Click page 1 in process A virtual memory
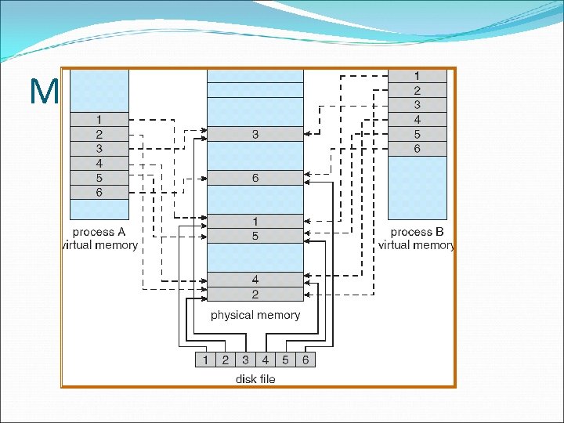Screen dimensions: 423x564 click(x=99, y=119)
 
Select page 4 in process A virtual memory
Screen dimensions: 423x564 click(x=99, y=163)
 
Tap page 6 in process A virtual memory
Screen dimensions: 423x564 click(x=99, y=192)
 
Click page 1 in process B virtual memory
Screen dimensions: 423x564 click(x=418, y=76)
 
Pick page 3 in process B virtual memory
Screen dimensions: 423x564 click(x=418, y=105)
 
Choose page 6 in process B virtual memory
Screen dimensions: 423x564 click(x=418, y=148)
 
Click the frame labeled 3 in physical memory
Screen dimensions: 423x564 click(x=255, y=135)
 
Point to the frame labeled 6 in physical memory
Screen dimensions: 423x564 click(x=255, y=178)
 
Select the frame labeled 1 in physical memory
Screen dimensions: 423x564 click(x=255, y=222)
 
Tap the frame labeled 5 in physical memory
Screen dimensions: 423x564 click(x=255, y=236)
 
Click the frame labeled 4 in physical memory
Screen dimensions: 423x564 click(x=255, y=280)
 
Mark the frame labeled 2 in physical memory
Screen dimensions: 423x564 click(x=255, y=295)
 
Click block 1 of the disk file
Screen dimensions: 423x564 click(x=205, y=360)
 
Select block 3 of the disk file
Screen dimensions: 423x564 click(x=245, y=360)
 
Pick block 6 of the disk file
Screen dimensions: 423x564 click(x=305, y=360)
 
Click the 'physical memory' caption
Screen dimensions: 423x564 click(x=255, y=315)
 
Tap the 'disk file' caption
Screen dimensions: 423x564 click(x=255, y=379)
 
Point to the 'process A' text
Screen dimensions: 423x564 click(x=99, y=232)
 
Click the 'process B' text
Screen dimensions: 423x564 click(x=417, y=232)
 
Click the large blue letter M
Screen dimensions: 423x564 click(x=43, y=93)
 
